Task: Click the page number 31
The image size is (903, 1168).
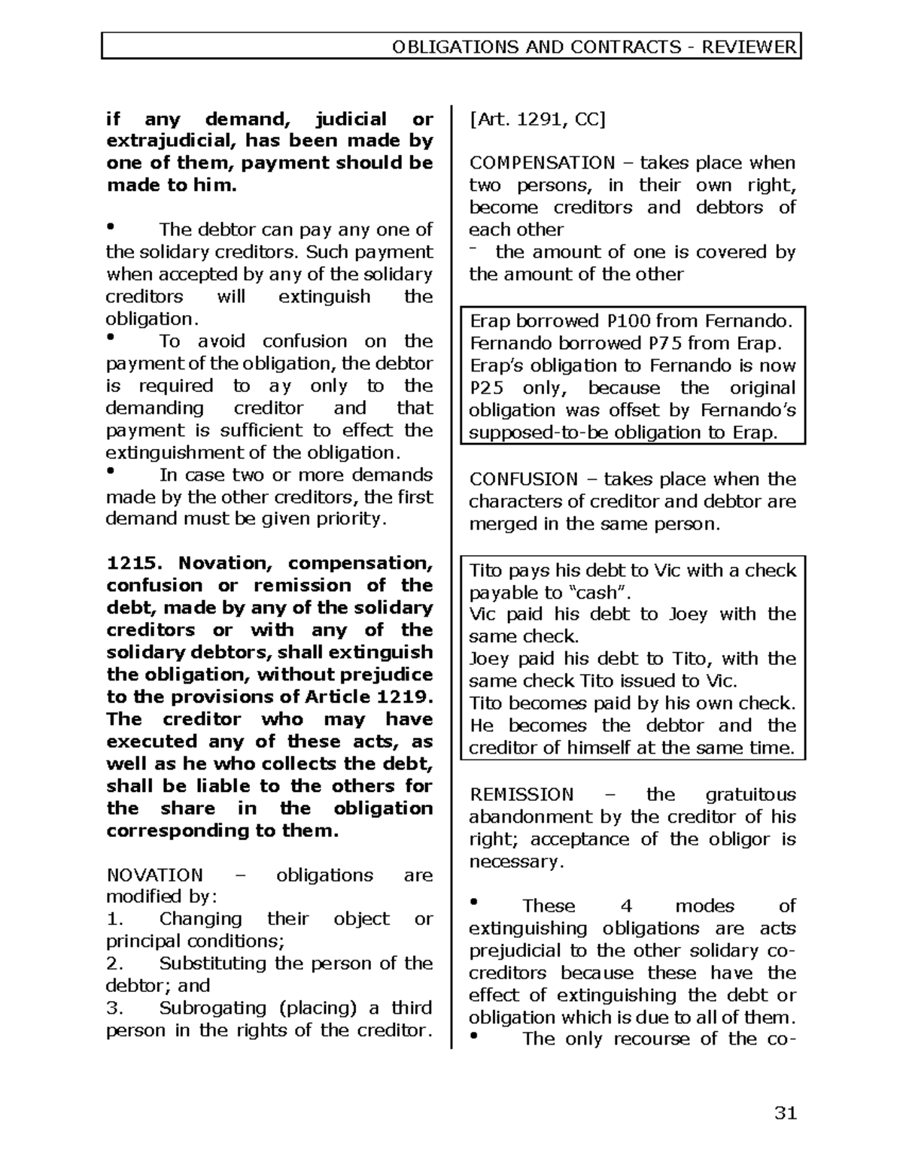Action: (x=785, y=1113)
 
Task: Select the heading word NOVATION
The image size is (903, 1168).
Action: (x=154, y=875)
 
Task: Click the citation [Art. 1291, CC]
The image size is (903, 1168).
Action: (x=537, y=119)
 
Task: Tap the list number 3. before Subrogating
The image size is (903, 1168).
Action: (x=114, y=1009)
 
